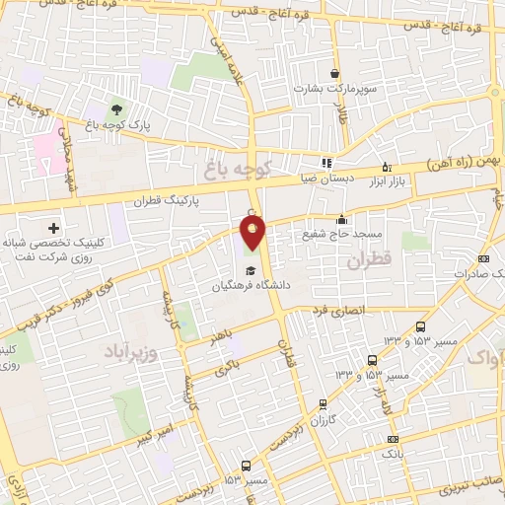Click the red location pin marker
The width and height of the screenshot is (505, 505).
[x=253, y=233]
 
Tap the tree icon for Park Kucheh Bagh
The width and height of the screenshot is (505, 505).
[x=117, y=108]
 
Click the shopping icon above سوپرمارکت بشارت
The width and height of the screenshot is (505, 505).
[x=335, y=73]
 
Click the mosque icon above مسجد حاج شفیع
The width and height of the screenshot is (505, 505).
[x=341, y=220]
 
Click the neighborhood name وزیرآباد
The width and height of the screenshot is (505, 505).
[x=142, y=351]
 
